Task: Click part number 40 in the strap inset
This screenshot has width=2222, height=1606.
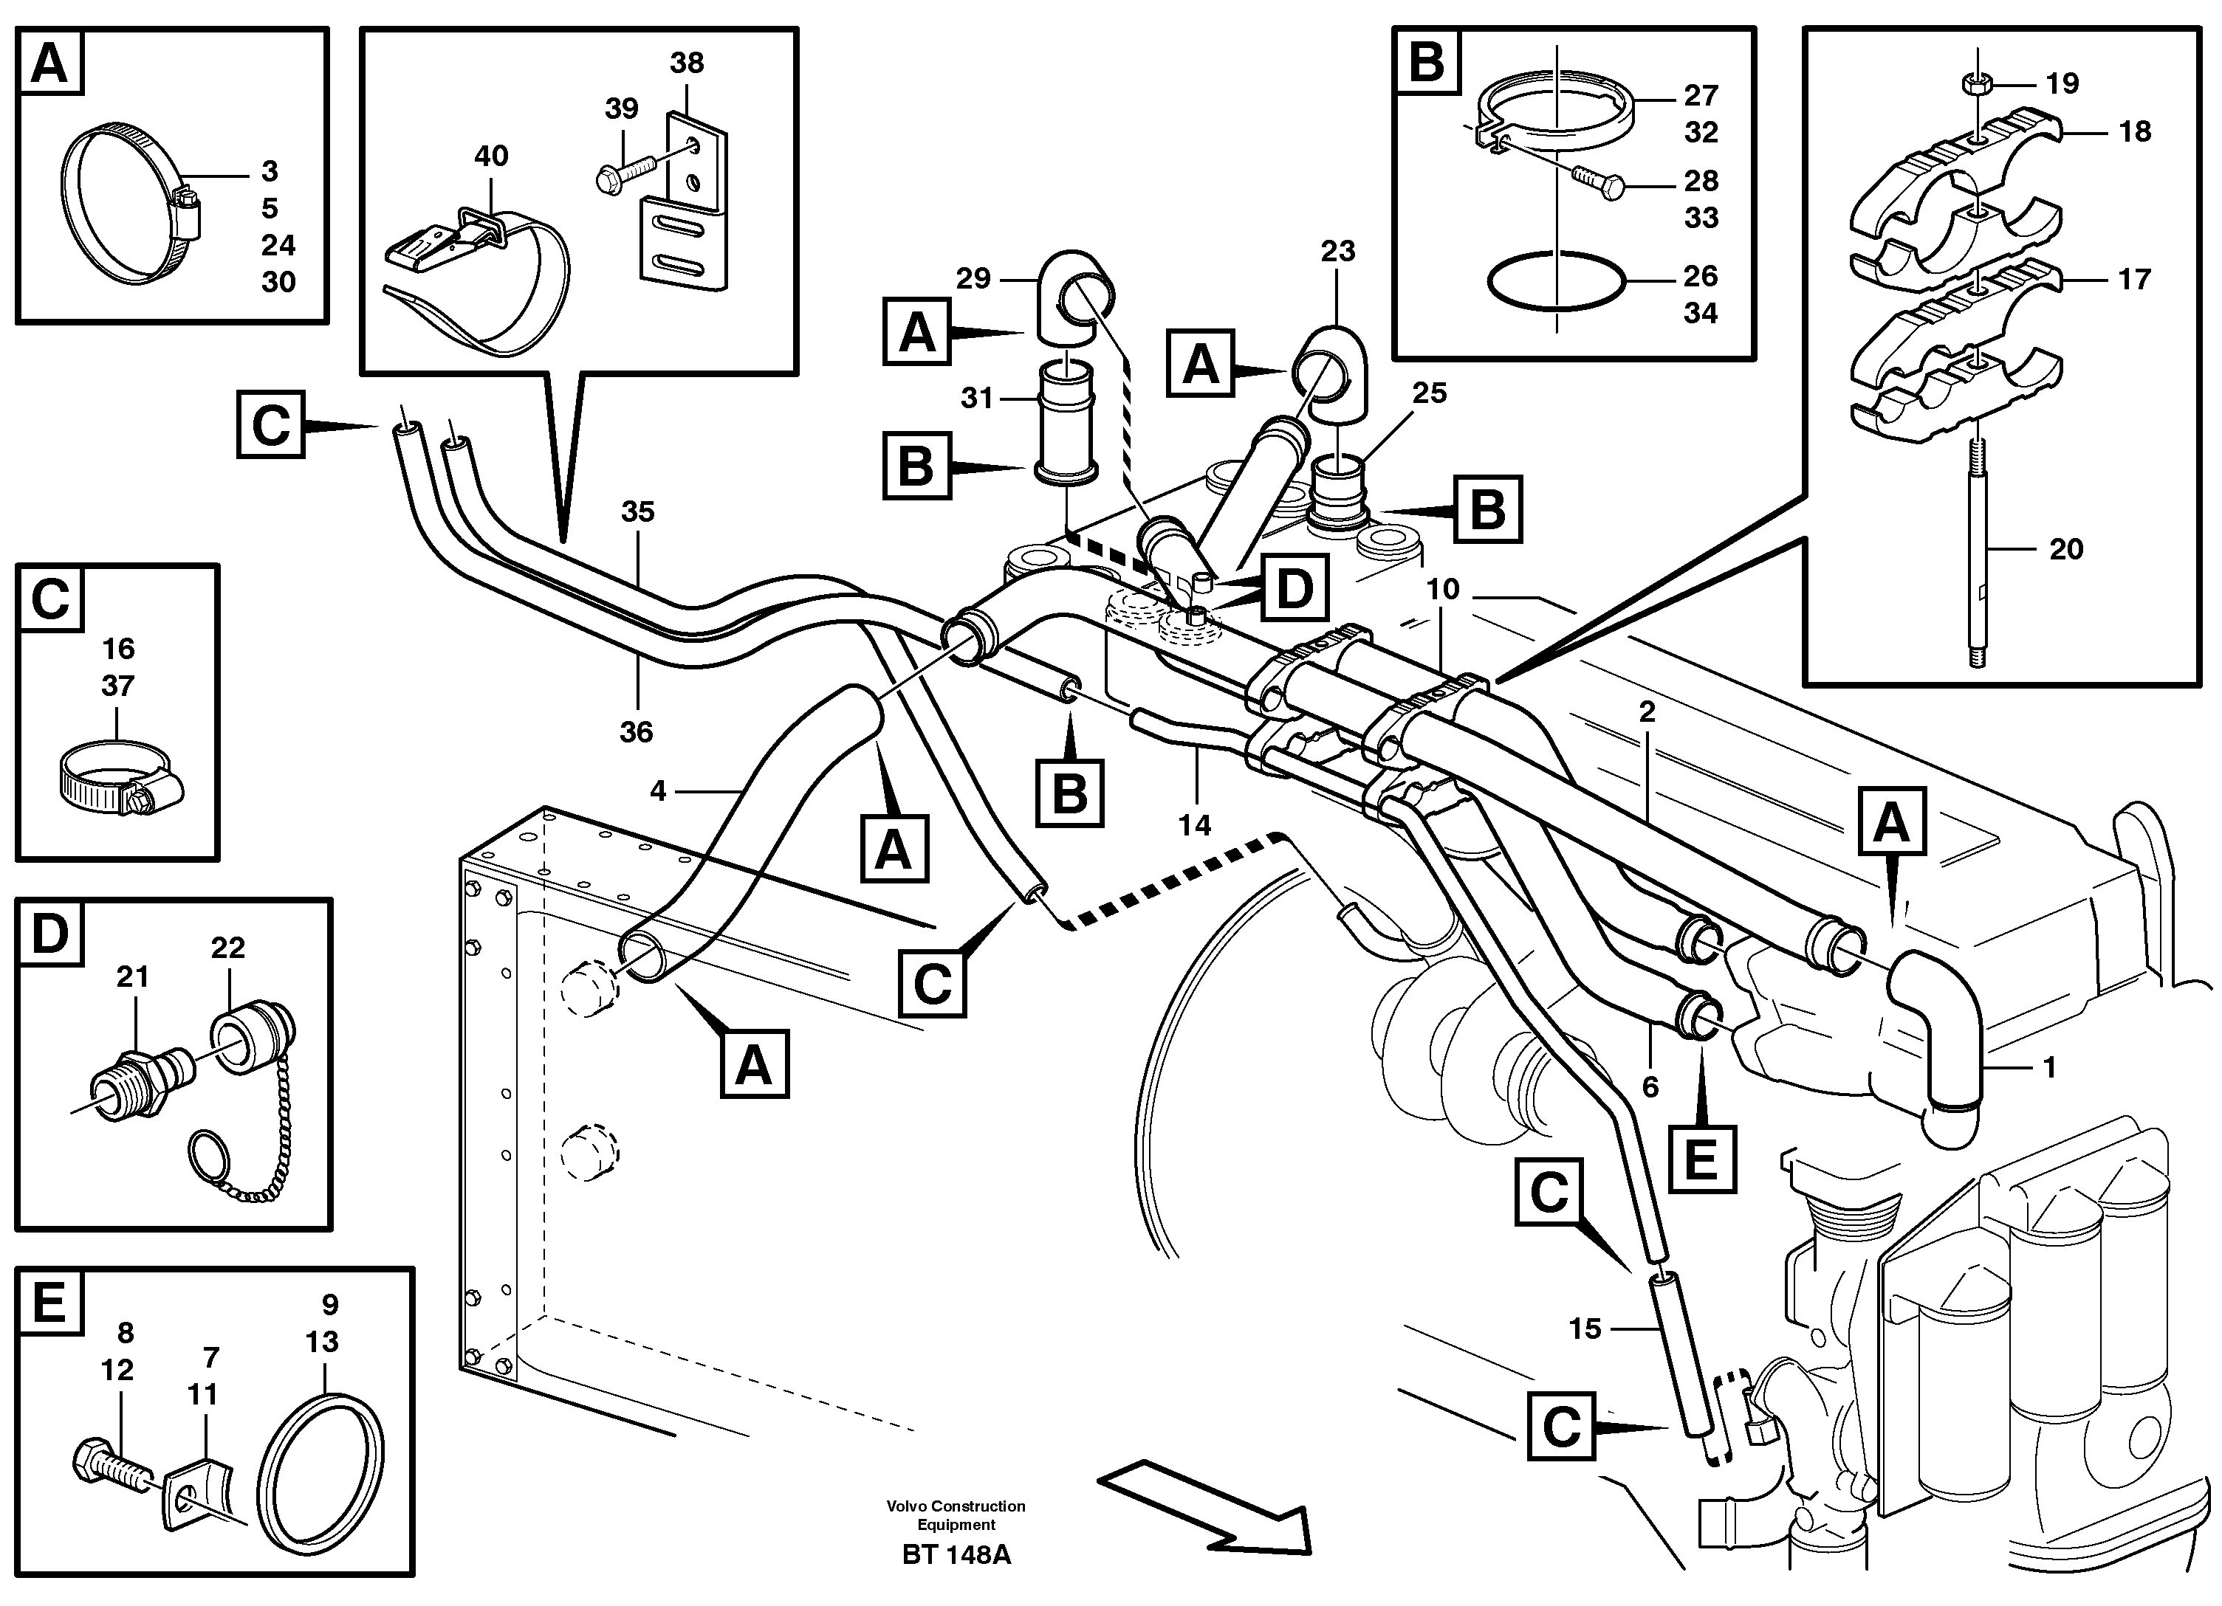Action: coord(491,156)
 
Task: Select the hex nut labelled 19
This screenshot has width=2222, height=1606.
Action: coord(1976,83)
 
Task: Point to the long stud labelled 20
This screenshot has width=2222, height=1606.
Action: coord(1976,558)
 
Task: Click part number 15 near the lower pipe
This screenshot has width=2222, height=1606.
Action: coord(1584,1329)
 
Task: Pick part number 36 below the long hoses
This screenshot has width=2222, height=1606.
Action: coord(636,731)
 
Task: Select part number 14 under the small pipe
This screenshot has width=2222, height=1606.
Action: coord(1194,826)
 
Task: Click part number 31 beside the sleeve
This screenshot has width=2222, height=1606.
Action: coord(977,399)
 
